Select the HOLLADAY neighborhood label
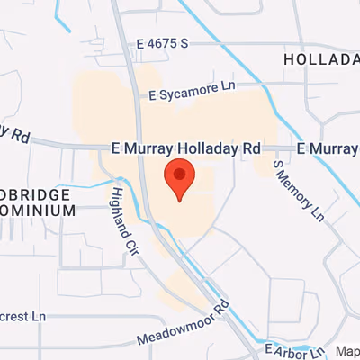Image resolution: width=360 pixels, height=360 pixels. click(x=320, y=58)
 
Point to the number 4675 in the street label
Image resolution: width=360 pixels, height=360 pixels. click(x=167, y=43)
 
